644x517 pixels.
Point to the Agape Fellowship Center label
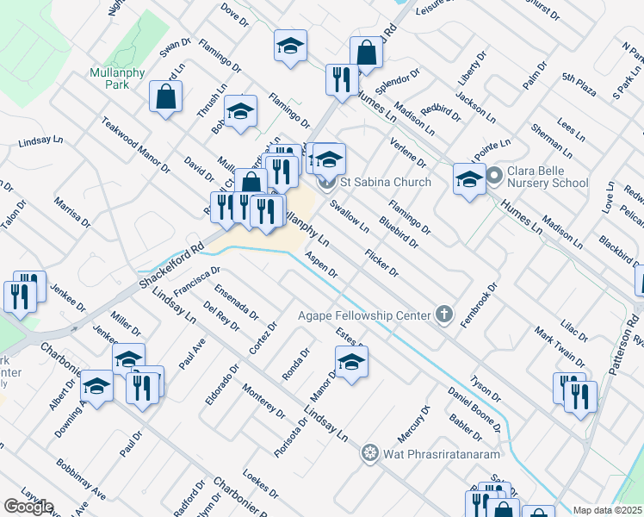pos(363,315)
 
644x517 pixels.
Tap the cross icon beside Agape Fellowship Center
pos(444,315)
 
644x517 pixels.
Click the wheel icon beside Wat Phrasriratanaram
pos(370,452)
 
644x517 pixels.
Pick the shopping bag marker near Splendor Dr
pos(367,52)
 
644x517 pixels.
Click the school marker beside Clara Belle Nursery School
pos(469,180)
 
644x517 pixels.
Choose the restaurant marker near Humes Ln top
pos(342,79)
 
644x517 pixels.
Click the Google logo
pos(28,507)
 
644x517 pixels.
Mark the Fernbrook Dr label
pos(492,302)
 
